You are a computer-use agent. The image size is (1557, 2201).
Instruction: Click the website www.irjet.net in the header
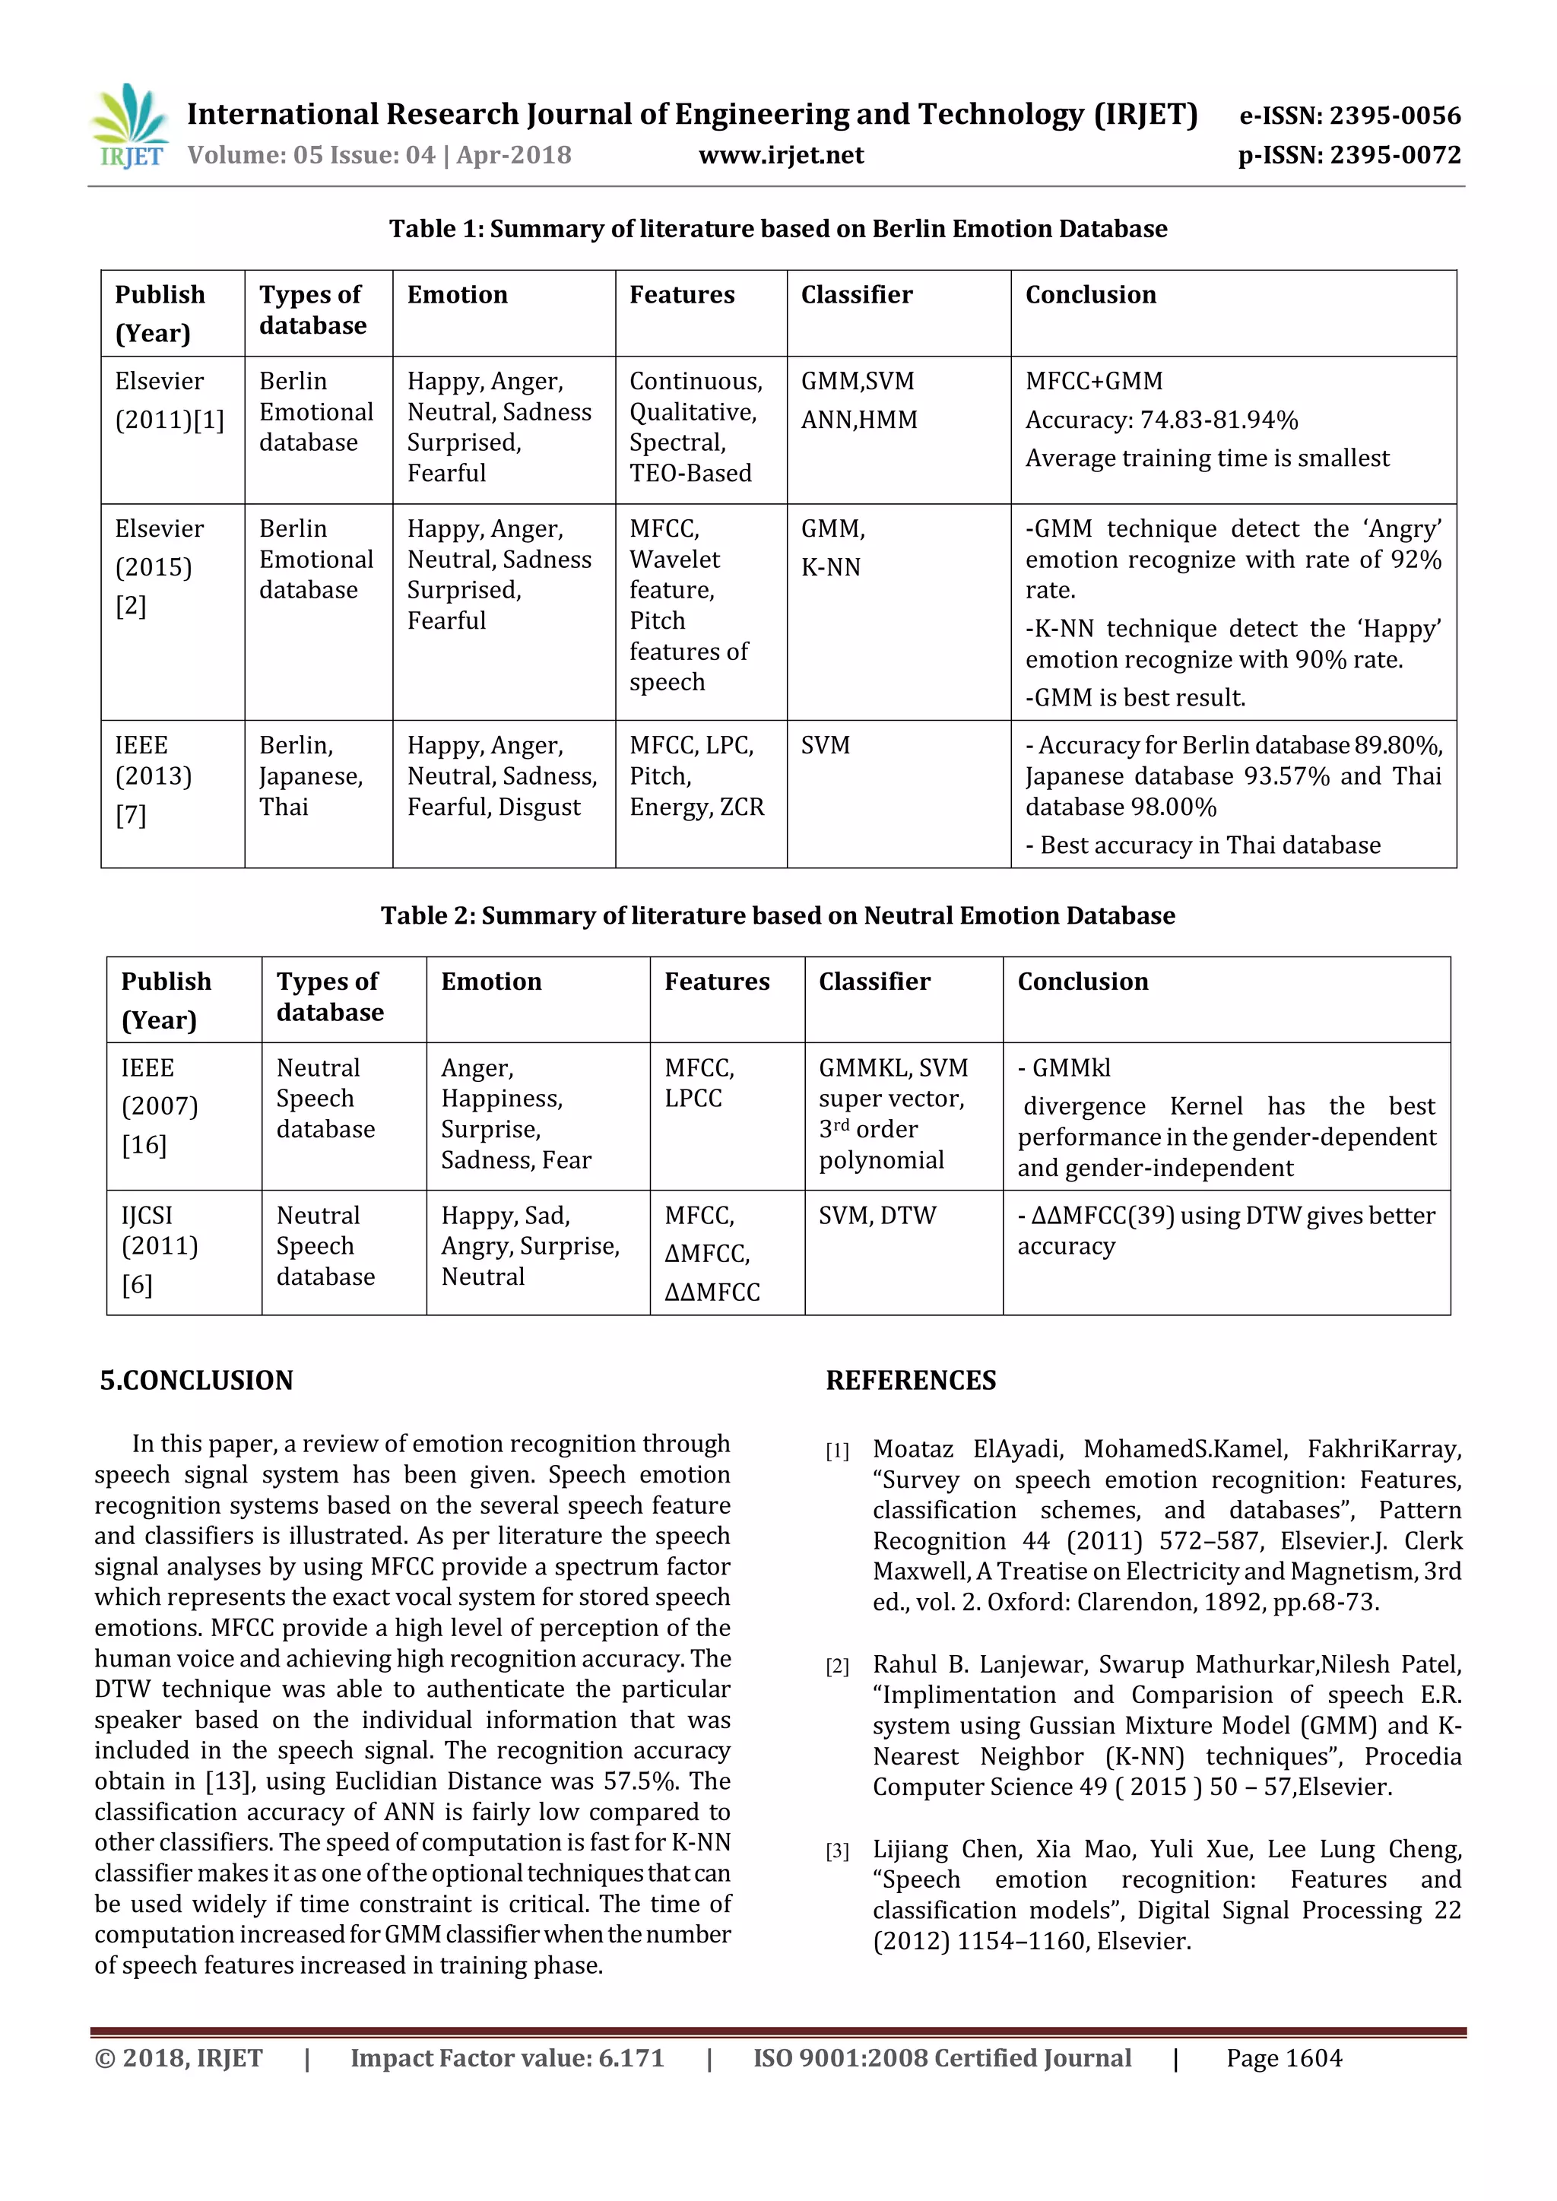781,155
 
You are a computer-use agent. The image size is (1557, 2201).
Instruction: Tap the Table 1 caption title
778,229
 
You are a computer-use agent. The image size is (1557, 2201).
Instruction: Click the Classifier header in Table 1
856,295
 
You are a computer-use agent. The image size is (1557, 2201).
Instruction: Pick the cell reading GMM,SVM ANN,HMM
859,401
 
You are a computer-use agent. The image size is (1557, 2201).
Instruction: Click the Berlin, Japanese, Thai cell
311,776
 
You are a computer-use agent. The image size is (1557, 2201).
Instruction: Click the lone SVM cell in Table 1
826,746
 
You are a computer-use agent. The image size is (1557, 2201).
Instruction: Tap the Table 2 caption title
778,915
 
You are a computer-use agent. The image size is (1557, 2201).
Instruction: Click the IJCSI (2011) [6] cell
159,1246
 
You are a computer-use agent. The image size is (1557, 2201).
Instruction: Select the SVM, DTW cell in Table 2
877,1216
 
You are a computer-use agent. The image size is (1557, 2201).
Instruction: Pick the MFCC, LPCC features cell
700,1083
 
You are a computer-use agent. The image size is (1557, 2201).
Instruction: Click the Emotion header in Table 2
491,982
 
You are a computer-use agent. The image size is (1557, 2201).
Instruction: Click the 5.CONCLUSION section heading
197,1381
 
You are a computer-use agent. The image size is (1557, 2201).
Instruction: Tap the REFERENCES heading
911,1381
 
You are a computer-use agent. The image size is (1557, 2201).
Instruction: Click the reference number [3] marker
837,1851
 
